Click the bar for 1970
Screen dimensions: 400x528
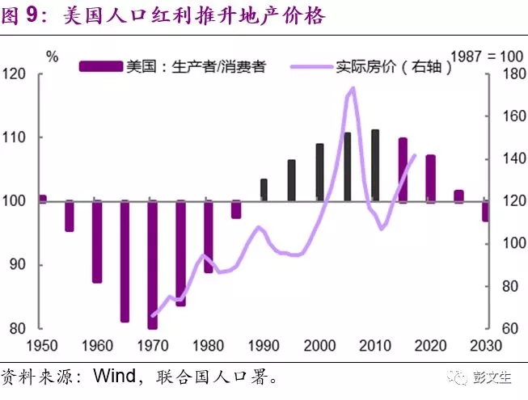pyautogui.click(x=152, y=264)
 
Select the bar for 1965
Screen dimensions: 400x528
pyautogui.click(x=125, y=260)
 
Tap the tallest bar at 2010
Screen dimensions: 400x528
pyautogui.click(x=375, y=165)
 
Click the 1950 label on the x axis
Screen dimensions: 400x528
pyautogui.click(x=42, y=346)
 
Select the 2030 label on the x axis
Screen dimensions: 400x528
pyautogui.click(x=486, y=346)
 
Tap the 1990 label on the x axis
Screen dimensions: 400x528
pyautogui.click(x=264, y=346)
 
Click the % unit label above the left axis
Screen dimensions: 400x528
pyautogui.click(x=53, y=57)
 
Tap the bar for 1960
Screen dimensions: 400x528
pyautogui.click(x=97, y=242)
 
